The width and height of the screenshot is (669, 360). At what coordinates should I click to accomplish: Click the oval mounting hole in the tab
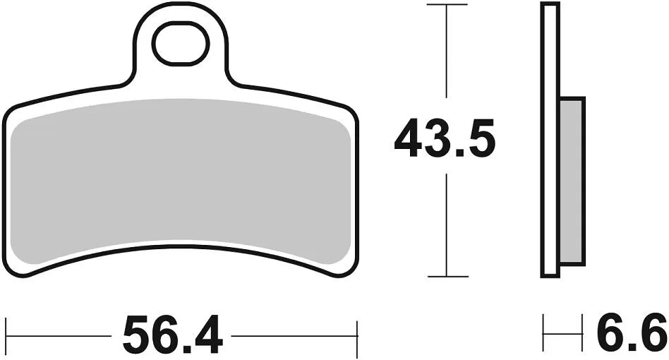(181, 43)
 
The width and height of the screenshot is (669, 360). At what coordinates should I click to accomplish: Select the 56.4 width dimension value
(172, 335)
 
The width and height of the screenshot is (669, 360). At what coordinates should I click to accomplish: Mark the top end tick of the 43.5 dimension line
(447, 5)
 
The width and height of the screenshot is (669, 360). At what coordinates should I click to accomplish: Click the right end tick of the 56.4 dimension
(357, 330)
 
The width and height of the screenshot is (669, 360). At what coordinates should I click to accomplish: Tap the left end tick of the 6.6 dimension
(543, 330)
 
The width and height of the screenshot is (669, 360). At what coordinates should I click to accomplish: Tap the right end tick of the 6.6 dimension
(583, 330)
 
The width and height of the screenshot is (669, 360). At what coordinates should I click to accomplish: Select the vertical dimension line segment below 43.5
(447, 226)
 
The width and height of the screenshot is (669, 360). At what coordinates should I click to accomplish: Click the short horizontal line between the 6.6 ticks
(563, 330)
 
